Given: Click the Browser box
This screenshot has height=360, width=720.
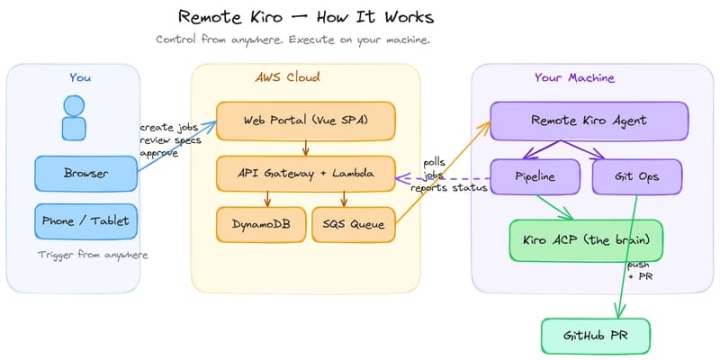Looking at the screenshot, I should pyautogui.click(x=85, y=174).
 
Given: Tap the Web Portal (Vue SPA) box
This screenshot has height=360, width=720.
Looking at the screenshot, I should pyautogui.click(x=306, y=121).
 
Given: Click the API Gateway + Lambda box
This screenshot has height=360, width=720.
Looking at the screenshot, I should pyautogui.click(x=306, y=174).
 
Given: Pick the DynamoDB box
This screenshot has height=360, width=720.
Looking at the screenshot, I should pyautogui.click(x=254, y=224).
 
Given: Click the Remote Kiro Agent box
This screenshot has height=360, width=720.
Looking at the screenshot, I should pyautogui.click(x=589, y=120).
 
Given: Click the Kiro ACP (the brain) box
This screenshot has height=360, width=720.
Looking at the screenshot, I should pyautogui.click(x=586, y=240).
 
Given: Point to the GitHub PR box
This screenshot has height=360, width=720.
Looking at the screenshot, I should pyautogui.click(x=594, y=335).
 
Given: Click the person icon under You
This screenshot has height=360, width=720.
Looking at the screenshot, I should pyautogui.click(x=74, y=117).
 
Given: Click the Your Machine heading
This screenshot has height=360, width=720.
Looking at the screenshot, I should pyautogui.click(x=574, y=77).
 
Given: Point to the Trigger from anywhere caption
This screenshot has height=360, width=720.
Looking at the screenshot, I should pyautogui.click(x=93, y=255).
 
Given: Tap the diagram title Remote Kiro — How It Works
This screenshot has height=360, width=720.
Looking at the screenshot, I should pyautogui.click(x=305, y=17).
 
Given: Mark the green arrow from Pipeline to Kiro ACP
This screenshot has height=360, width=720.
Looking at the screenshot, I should pyautogui.click(x=554, y=206).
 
